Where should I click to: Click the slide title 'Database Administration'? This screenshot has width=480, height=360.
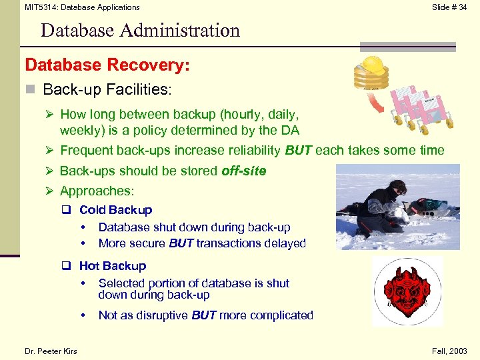pyautogui.click(x=140, y=31)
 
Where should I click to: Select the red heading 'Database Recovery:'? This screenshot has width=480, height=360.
pyautogui.click(x=107, y=65)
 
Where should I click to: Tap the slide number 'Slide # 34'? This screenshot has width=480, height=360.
pyautogui.click(x=449, y=7)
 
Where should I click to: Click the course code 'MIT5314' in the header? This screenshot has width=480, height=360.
pyautogui.click(x=40, y=7)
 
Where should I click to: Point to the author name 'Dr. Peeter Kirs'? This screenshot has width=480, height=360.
pyautogui.click(x=51, y=351)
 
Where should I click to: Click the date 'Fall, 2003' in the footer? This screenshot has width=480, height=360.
pyautogui.click(x=449, y=351)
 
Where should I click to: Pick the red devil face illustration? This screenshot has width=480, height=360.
pyautogui.click(x=407, y=291)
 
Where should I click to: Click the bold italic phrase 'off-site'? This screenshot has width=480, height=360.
pyautogui.click(x=243, y=171)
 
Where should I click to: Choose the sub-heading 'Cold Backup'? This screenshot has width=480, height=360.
pyautogui.click(x=115, y=210)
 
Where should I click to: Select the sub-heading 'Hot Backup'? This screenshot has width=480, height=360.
pyautogui.click(x=112, y=266)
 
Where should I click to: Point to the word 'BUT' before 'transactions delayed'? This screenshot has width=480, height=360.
pyautogui.click(x=181, y=243)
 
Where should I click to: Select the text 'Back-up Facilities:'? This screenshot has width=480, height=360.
pyautogui.click(x=107, y=89)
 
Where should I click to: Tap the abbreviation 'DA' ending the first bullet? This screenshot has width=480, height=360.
pyautogui.click(x=291, y=130)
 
